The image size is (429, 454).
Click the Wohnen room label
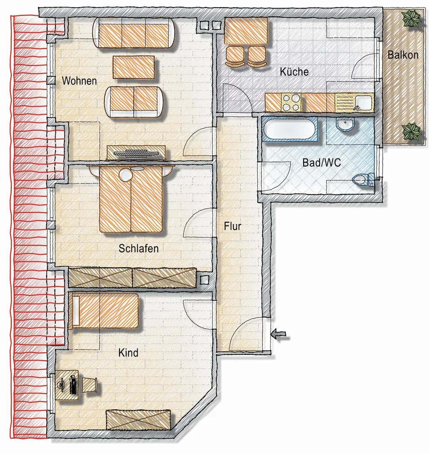coord(79,81)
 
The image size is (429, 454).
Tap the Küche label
coord(294,71)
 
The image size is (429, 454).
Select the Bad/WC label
coord(321,163)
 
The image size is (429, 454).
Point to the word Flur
coord(232,226)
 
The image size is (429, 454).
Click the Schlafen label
coord(138,248)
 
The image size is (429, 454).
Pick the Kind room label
coord(128,353)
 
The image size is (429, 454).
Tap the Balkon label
coord(403,55)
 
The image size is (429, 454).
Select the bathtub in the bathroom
coord(290,129)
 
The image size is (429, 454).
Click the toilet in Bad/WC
coord(363,179)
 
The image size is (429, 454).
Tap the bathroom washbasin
coord(345,125)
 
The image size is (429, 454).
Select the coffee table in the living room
coord(134,67)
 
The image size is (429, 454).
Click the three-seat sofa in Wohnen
coord(134,33)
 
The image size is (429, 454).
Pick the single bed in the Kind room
coord(105,310)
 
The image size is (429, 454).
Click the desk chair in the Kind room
coord(90,385)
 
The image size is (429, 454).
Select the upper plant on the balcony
coord(411,19)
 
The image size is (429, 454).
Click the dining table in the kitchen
coord(246,31)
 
